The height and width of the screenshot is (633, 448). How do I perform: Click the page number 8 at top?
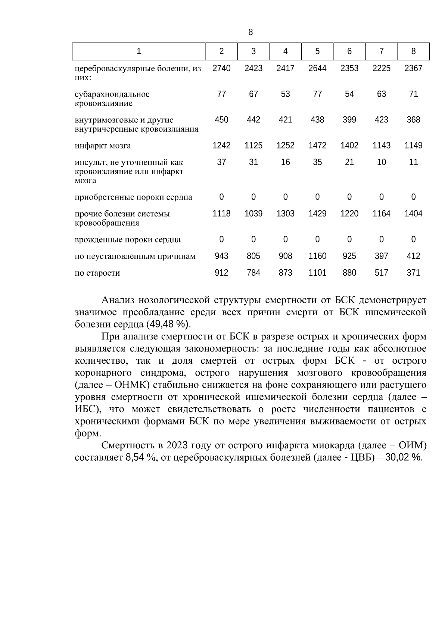click(251, 32)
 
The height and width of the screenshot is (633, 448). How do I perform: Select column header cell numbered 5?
click(317, 51)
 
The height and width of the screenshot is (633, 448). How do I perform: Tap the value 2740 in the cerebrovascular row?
click(221, 68)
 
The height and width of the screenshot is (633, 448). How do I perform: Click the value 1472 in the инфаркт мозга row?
click(317, 145)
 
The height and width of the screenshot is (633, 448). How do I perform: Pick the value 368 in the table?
click(413, 120)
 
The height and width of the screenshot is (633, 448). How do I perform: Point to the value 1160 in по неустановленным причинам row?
click(317, 256)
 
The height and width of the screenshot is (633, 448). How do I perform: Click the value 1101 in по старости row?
click(317, 273)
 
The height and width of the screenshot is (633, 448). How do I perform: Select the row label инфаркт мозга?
click(103, 146)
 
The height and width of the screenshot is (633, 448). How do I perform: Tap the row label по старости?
click(97, 273)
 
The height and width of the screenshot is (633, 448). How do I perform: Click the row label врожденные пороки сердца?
click(128, 240)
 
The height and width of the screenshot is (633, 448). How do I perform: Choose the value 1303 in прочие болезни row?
click(285, 214)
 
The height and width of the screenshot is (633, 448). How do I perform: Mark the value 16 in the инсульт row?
click(285, 162)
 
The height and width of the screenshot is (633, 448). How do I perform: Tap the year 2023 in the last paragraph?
click(177, 445)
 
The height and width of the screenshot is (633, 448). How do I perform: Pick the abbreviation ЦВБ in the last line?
click(361, 457)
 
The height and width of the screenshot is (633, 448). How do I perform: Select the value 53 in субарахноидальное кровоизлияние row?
click(285, 94)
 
